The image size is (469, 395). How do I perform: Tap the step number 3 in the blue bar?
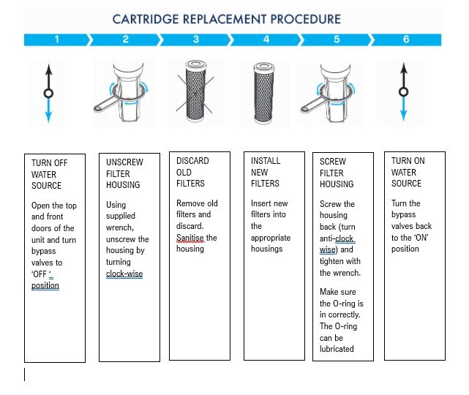(x=195, y=39)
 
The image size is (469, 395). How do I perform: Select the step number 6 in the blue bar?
(x=405, y=39)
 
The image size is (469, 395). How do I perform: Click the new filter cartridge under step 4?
(x=266, y=97)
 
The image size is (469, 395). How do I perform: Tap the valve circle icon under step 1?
(x=48, y=93)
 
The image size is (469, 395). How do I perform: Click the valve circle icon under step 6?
(x=401, y=92)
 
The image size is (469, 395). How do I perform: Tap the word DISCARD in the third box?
(x=192, y=161)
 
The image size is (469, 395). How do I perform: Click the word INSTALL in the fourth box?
(x=265, y=161)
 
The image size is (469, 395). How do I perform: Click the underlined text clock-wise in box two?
(x=124, y=274)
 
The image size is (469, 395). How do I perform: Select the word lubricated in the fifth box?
(x=337, y=349)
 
